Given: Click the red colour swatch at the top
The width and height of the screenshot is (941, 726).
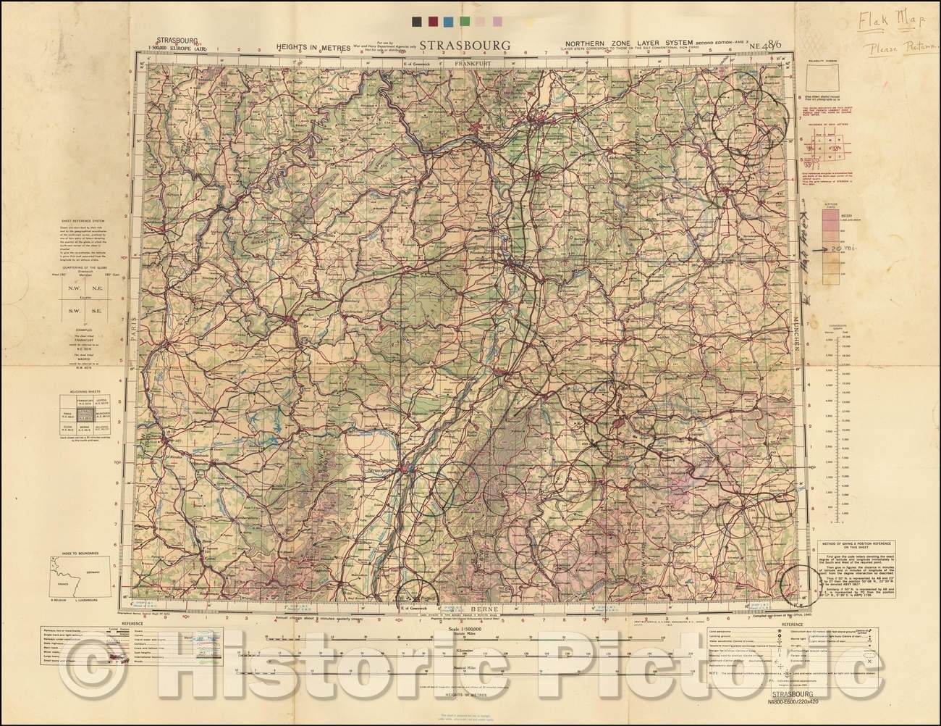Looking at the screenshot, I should point(432,22).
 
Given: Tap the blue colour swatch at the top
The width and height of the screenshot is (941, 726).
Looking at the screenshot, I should point(449,22).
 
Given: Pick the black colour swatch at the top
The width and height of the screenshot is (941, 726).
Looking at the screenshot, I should point(415,22).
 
